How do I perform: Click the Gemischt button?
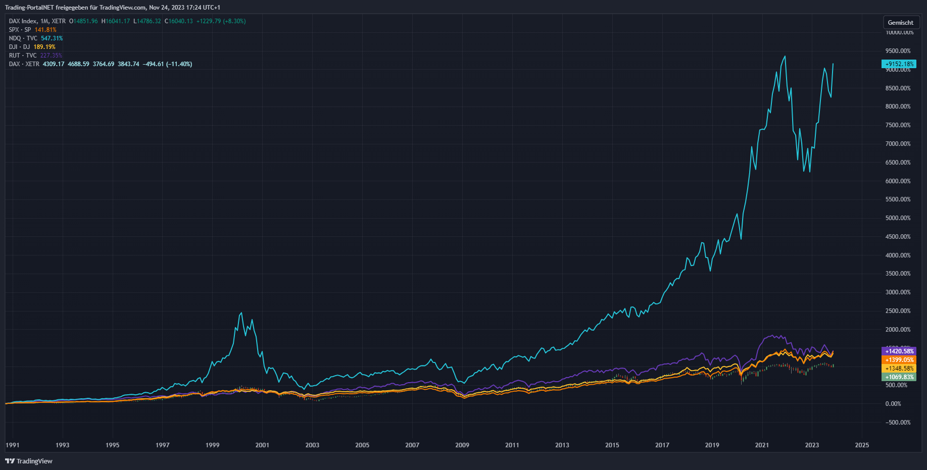[x=900, y=22]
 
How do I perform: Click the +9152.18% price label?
[x=899, y=64]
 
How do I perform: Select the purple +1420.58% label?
[x=899, y=351]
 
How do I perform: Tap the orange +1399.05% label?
[x=899, y=359]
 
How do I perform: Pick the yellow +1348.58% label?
[x=899, y=368]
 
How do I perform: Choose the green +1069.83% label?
[x=899, y=377]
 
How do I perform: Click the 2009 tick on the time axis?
[x=462, y=445]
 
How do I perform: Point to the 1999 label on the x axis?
[x=212, y=445]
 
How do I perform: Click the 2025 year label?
[x=862, y=445]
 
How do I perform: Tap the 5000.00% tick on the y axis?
[x=898, y=218]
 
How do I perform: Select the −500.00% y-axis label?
[x=898, y=423]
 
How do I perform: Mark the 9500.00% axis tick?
[x=898, y=51]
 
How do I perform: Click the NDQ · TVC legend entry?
[x=23, y=38]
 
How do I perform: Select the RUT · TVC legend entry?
[x=23, y=56]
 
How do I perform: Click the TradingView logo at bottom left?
[x=29, y=461]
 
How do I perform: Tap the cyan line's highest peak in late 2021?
[x=785, y=56]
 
